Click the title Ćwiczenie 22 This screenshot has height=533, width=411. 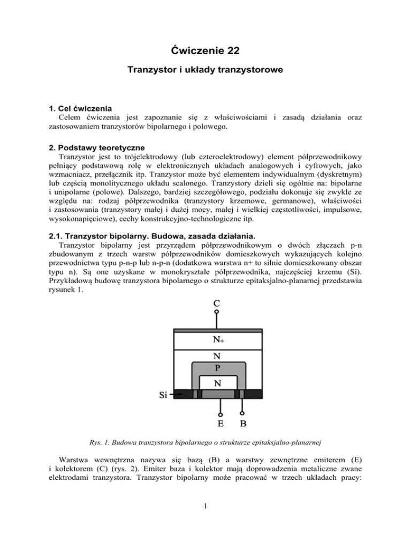(206, 51)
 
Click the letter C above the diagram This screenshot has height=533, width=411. (216, 303)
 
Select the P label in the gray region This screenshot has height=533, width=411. (216, 368)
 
